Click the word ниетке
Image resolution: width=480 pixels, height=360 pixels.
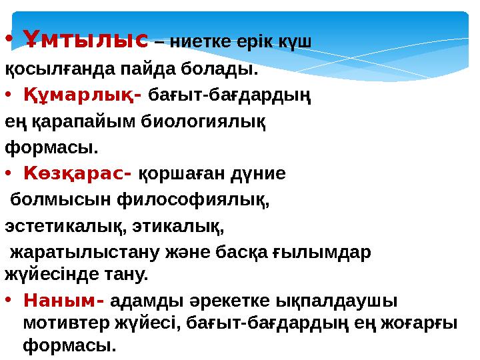point(201,42)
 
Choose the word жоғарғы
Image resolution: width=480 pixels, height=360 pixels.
point(419,323)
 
